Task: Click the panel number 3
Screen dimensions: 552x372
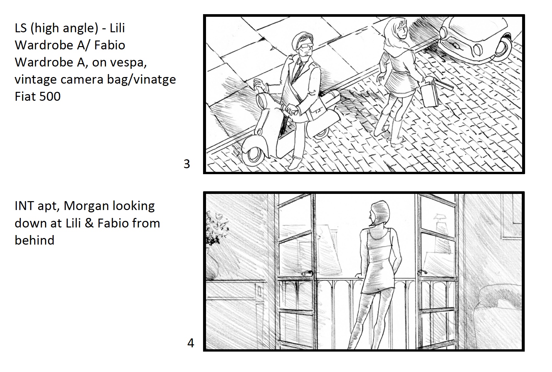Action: click(187, 164)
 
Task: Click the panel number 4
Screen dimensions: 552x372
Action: click(191, 343)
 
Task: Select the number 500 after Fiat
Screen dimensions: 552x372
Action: click(50, 96)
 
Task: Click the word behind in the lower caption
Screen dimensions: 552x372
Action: click(34, 240)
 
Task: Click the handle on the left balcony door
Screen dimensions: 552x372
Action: click(307, 273)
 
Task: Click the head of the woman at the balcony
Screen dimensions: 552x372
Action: click(379, 213)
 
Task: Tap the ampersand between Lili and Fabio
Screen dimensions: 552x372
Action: click(89, 223)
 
